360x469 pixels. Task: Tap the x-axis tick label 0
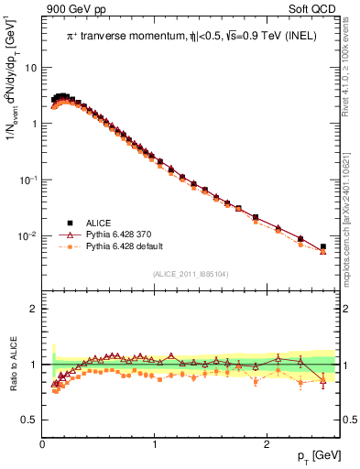pos(42,443)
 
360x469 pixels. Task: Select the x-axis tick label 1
pos(154,443)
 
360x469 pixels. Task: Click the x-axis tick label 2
pos(266,443)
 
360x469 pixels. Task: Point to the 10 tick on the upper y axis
pos(29,68)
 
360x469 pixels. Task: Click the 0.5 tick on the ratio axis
pos(28,420)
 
